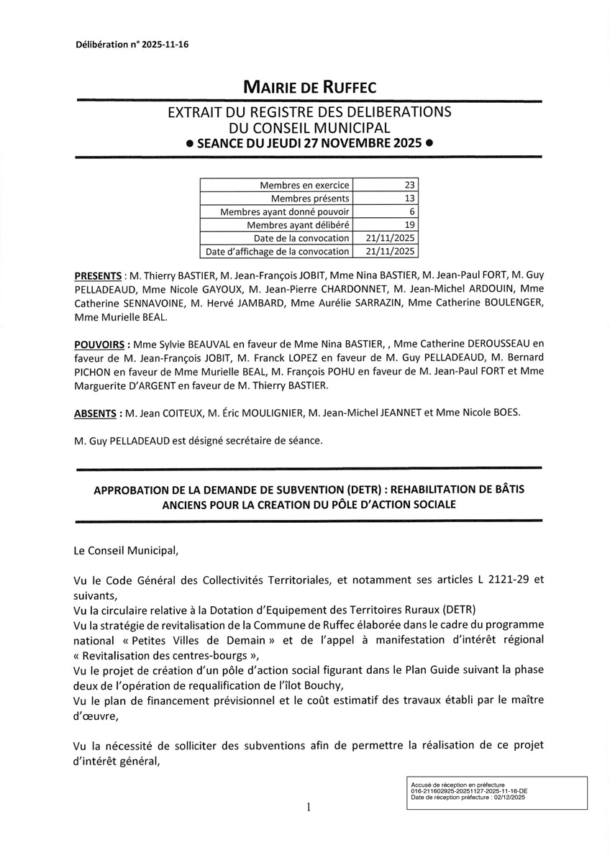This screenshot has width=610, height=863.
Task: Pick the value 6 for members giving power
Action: coord(413,211)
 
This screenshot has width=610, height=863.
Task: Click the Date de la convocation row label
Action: coord(301,238)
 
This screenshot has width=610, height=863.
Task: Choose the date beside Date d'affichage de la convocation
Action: coord(391,252)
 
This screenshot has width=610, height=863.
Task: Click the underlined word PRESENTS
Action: coord(98,275)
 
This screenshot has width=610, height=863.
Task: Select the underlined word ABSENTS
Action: coord(96,414)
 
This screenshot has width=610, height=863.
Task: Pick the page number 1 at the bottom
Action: coord(308,808)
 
